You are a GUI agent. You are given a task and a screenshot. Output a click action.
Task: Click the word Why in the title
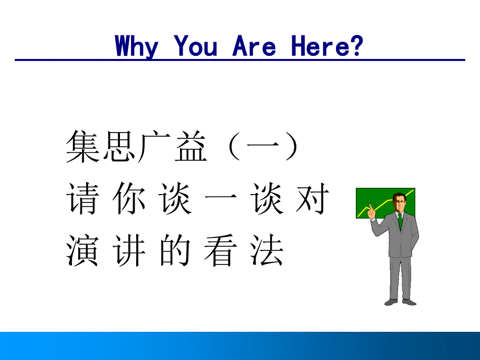[137, 46]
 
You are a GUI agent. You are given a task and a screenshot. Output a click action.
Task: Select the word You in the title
[195, 45]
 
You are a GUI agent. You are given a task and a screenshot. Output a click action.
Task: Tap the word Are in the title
[254, 45]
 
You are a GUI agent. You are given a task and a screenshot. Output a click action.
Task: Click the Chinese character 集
[82, 146]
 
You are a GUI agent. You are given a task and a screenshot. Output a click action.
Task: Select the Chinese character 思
[119, 146]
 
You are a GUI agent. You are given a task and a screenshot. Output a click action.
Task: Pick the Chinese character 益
[191, 146]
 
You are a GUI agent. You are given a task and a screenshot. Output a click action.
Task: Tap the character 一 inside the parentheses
[263, 145]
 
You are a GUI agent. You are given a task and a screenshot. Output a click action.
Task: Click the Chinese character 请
[82, 198]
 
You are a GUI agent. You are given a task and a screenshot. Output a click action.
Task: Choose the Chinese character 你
[128, 198]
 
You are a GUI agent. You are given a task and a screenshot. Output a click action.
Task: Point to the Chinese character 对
[312, 198]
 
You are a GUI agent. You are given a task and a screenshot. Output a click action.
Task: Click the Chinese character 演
[82, 250]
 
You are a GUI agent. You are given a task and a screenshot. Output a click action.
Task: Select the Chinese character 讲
[128, 250]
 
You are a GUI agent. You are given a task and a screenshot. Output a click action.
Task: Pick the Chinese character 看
[220, 250]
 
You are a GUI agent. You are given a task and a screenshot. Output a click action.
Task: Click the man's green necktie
[400, 221]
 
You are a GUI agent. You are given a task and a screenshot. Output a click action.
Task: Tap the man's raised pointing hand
[371, 211]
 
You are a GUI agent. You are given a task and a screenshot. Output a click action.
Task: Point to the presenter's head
[400, 202]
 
